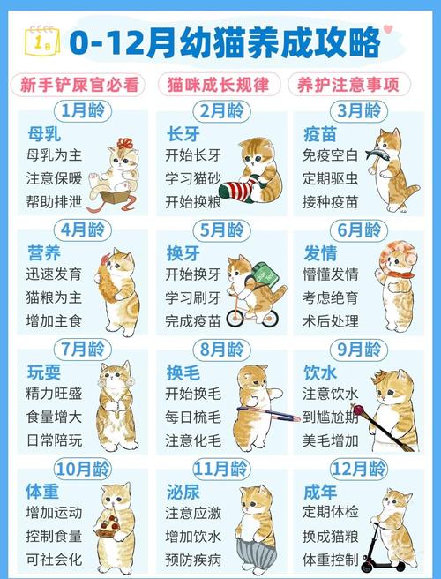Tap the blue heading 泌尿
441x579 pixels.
183,490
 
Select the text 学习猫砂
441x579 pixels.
193,178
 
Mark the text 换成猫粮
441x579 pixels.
330,535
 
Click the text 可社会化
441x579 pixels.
55,559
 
